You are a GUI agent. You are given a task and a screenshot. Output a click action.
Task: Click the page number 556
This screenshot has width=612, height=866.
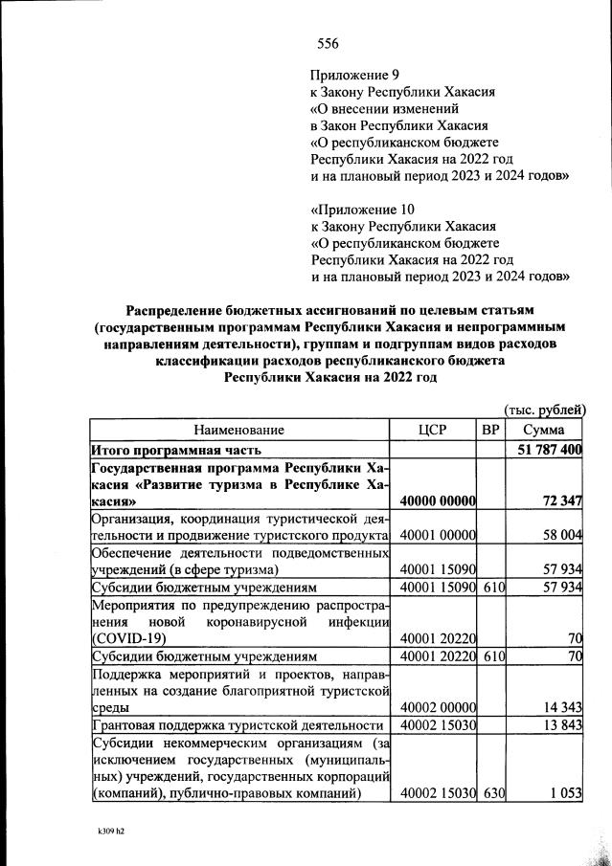tap(328, 44)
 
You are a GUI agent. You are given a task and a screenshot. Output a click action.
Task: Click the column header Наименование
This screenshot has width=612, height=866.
tap(239, 431)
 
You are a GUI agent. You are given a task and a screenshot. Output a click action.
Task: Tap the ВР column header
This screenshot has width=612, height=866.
tap(491, 431)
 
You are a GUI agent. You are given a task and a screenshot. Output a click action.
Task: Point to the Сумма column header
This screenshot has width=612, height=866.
tap(544, 431)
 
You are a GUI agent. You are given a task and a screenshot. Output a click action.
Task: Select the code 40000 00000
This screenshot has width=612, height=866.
tap(439, 500)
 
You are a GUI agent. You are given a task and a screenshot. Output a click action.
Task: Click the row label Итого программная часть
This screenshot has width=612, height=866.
tap(174, 450)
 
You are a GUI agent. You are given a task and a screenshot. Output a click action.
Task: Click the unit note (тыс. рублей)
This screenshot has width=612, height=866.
tap(544, 410)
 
